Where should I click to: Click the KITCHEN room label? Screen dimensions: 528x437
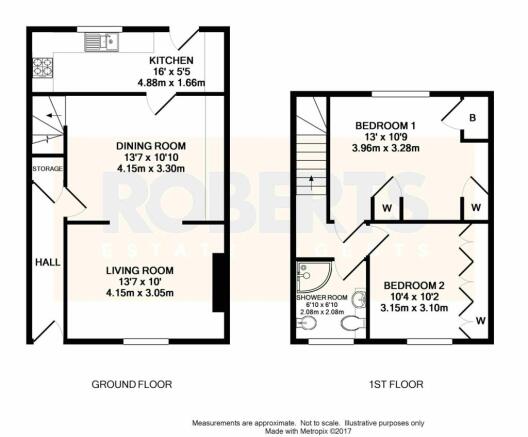coord(171,61)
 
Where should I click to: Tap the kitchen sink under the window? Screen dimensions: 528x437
coord(101,42)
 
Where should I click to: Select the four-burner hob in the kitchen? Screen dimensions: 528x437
coord(43,68)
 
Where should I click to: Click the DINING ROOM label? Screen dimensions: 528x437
coord(151,146)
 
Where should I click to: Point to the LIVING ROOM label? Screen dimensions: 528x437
coord(140,270)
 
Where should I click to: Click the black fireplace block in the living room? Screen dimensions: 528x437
coord(219,283)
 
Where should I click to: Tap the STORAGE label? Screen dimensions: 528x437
coord(47,169)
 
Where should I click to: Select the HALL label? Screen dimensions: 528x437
coord(48,262)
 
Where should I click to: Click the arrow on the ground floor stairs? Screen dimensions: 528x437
coord(54,116)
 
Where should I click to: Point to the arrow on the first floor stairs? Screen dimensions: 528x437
coord(312,182)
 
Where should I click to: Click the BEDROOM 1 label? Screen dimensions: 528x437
coord(386,126)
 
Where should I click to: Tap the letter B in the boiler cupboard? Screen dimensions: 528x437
coord(473,118)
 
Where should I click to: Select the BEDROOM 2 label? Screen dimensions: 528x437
coord(414,286)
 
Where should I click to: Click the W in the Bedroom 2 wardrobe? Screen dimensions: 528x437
coord(481,321)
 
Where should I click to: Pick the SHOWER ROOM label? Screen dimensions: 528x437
coord(322,298)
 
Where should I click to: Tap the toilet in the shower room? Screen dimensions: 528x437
coord(352,324)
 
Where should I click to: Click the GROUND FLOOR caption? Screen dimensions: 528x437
coord(132,384)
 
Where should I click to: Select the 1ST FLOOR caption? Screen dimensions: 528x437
coord(396,384)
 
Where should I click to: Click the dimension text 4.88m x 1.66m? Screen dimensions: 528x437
coord(171,82)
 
